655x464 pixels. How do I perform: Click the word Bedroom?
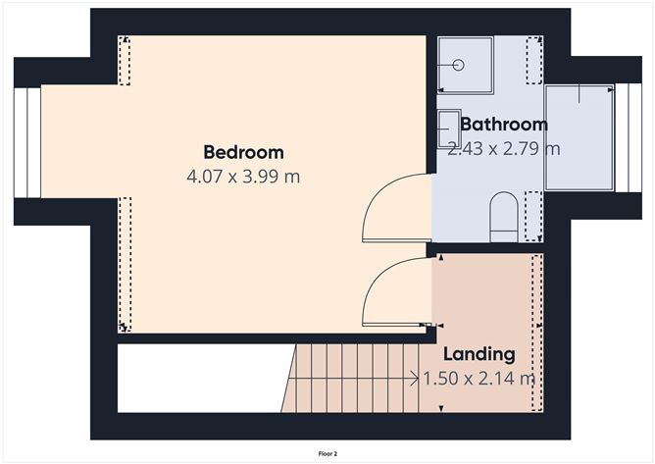[243, 152]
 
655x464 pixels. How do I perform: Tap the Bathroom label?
[503, 125]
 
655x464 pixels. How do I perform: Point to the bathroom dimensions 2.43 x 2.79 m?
[503, 149]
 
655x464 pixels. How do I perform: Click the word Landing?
[479, 354]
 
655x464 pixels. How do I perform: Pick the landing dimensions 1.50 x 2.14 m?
[479, 378]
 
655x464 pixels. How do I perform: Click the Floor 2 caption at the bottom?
[327, 454]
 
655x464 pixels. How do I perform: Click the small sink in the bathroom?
[448, 129]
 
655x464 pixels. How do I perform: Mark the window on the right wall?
[620, 137]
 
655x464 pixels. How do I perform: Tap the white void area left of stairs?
[201, 378]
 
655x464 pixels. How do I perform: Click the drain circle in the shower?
[458, 65]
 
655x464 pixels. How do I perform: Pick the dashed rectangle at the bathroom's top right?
[533, 54]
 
